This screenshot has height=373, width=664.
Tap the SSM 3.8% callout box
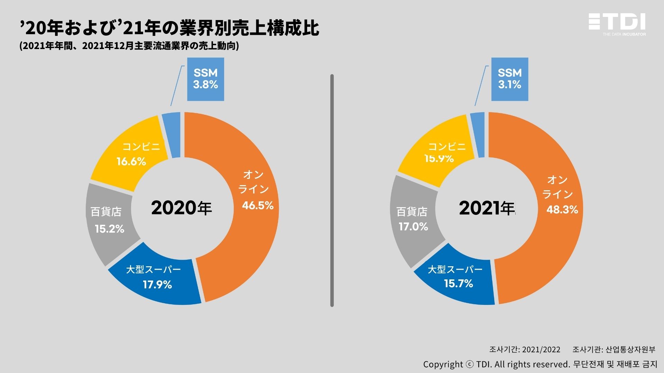205,79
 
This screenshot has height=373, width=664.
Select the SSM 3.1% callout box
510,79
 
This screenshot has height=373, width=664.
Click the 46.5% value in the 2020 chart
258,205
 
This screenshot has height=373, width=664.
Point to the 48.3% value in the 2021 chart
562,210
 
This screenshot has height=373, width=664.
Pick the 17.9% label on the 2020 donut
157,285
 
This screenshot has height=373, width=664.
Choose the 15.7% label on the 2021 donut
458,284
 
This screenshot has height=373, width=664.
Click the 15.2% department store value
109,229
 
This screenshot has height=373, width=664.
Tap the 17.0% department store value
413,227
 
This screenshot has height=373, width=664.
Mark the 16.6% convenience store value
131,162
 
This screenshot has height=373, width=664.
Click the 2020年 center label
181,208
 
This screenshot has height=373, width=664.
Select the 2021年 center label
487,208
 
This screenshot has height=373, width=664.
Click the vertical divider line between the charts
332,190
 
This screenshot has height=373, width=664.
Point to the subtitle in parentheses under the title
129,46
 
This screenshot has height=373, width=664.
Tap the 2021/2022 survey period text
541,350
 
